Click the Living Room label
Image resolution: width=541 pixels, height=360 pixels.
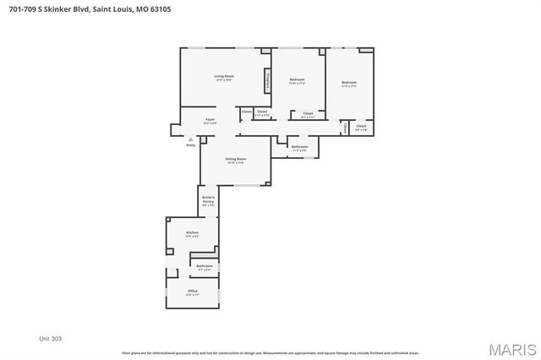(x=224, y=77)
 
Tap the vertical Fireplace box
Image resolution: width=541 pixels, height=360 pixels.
(x=267, y=80)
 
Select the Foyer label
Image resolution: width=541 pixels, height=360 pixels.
(x=210, y=121)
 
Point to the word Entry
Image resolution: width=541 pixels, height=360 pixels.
(x=190, y=145)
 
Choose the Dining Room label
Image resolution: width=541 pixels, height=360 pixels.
(x=235, y=159)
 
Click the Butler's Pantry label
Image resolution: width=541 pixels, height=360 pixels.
(x=208, y=201)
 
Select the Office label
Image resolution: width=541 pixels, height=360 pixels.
(x=193, y=292)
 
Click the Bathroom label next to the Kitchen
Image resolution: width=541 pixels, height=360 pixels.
(x=204, y=266)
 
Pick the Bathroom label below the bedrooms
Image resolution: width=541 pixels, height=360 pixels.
(x=299, y=147)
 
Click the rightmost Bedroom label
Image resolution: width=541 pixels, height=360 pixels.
(x=348, y=82)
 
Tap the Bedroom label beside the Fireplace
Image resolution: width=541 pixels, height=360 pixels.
(x=297, y=80)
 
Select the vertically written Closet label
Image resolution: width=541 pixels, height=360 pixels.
(x=345, y=128)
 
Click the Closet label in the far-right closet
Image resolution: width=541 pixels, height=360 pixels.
(x=361, y=127)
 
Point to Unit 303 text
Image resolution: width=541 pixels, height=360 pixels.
(x=51, y=338)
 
